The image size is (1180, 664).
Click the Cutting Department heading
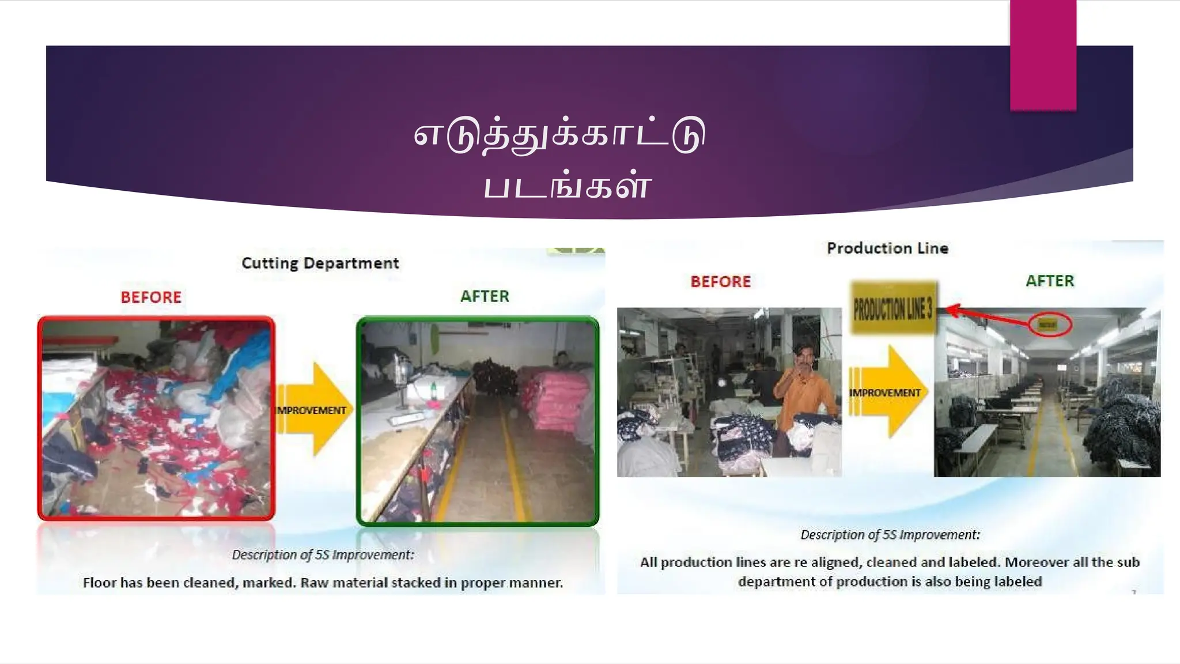pyautogui.click(x=320, y=263)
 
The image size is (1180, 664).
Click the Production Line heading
pyautogui.click(x=887, y=248)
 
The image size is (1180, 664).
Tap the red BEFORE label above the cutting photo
pyautogui.click(x=151, y=297)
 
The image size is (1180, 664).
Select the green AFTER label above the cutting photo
pyautogui.click(x=485, y=296)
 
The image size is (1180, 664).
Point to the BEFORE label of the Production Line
pyautogui.click(x=721, y=282)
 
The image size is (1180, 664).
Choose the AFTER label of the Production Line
pyautogui.click(x=1050, y=281)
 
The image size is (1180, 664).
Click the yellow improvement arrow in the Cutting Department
pyautogui.click(x=315, y=409)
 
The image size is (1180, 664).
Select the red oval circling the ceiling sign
pyautogui.click(x=1050, y=325)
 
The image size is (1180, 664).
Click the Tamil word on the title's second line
pyautogui.click(x=567, y=186)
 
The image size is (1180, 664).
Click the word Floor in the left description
pyautogui.click(x=100, y=583)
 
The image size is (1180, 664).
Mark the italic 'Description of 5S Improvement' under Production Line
pyautogui.click(x=890, y=535)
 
